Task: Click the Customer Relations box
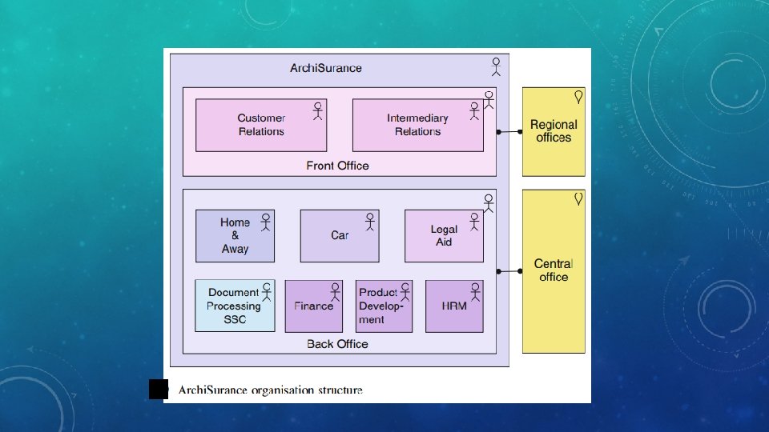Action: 261,125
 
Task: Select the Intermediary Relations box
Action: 418,125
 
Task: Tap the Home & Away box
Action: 235,235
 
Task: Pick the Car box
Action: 340,235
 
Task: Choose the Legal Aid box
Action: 444,235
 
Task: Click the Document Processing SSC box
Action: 235,306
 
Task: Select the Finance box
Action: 314,306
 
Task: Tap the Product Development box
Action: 384,306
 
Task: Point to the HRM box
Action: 454,306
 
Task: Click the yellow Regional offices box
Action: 554,132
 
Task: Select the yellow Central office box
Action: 554,271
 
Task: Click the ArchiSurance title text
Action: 326,68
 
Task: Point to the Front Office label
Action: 337,166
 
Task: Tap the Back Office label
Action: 337,344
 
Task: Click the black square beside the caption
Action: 159,390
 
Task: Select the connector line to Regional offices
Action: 509,132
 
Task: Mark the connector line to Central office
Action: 509,271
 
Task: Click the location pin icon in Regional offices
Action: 578,97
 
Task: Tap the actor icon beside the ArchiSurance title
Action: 497,66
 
